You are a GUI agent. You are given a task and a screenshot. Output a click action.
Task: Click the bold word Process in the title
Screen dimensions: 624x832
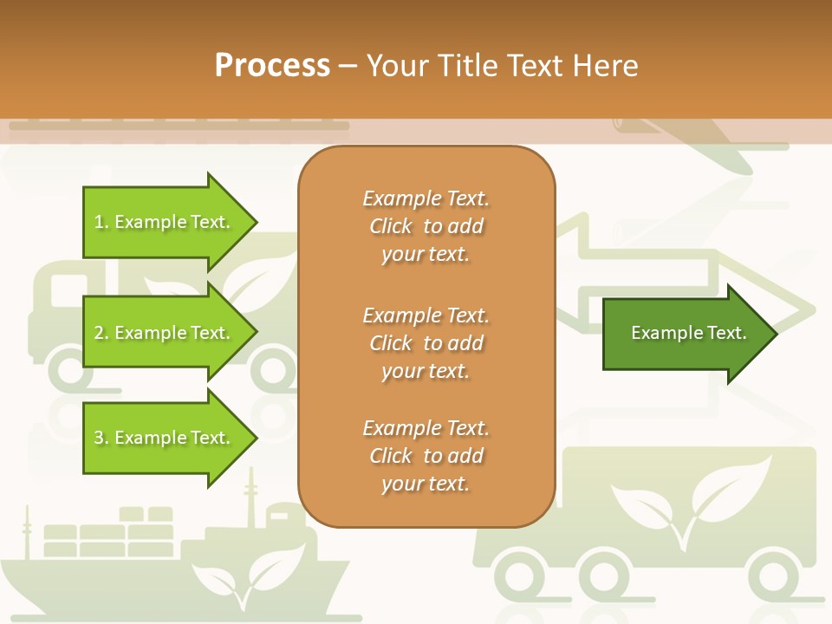(x=272, y=66)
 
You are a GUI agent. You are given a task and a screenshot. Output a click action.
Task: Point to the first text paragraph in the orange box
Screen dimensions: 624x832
(x=426, y=226)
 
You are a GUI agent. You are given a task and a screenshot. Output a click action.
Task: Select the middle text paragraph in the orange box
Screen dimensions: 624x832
(x=426, y=343)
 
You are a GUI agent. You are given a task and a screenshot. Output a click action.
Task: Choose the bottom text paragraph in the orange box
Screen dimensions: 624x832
(x=426, y=456)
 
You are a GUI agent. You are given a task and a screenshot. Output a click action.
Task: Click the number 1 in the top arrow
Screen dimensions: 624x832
(x=100, y=223)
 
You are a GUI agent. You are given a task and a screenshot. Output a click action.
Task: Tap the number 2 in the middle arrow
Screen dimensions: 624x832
(x=100, y=334)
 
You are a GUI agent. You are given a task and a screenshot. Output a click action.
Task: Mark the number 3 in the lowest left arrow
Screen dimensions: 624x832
(x=100, y=439)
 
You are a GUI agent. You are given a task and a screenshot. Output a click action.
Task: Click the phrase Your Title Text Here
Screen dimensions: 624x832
(x=502, y=66)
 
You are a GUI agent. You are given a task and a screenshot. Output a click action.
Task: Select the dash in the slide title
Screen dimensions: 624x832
(x=348, y=66)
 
